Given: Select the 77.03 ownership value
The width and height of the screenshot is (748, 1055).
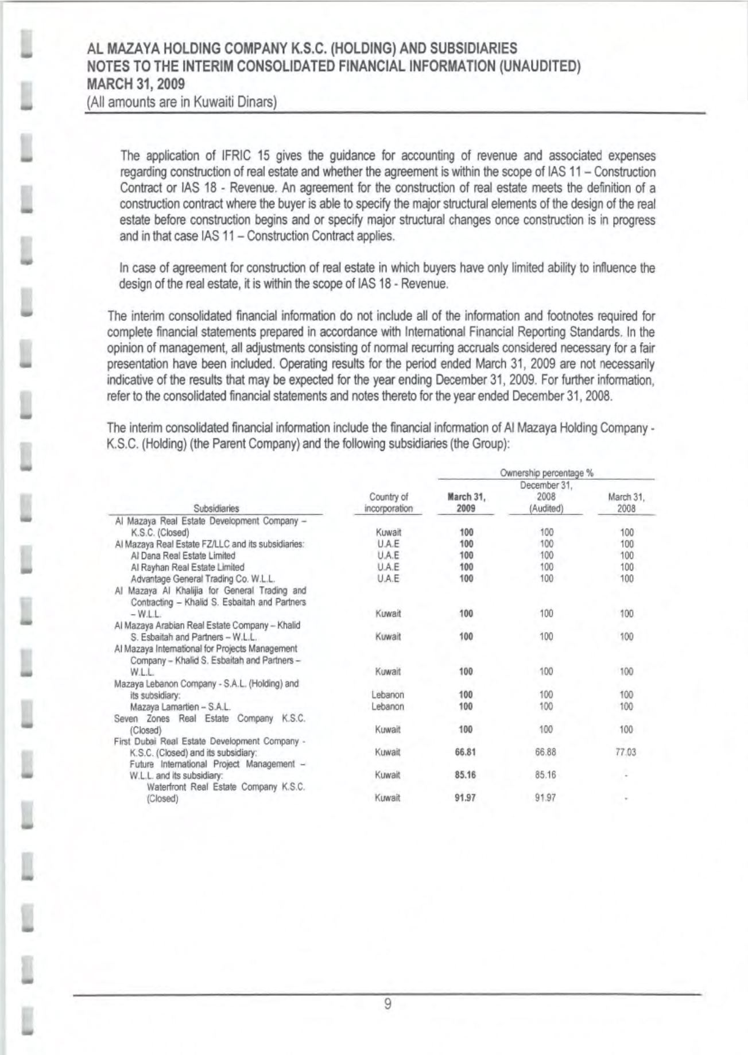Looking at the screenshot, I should tap(626, 752).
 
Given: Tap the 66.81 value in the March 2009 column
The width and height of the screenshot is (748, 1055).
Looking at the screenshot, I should tap(466, 752).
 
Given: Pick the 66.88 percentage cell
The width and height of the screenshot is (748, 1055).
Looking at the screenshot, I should tap(547, 752).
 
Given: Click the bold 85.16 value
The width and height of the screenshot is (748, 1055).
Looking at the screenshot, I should tap(466, 775).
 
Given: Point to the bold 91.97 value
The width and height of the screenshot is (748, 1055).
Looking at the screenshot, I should tap(466, 798).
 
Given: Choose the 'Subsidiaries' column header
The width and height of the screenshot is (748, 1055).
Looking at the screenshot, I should tap(216, 508).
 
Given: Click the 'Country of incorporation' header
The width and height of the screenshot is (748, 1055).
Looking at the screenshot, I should tap(389, 502).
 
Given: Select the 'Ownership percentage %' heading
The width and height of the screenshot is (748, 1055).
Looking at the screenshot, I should tap(547, 473).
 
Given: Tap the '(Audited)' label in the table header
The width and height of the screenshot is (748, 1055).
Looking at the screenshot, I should tap(547, 508).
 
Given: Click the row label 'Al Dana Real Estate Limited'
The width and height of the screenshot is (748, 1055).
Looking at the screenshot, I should tap(183, 556).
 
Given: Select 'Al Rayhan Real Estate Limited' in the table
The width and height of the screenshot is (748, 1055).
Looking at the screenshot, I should tap(188, 567).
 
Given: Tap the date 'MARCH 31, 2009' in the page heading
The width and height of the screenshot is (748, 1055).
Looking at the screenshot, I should tap(135, 84).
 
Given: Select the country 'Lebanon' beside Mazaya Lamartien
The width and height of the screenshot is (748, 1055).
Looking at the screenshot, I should tap(388, 707).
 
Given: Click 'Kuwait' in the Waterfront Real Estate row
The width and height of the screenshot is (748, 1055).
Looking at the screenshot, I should tap(388, 798).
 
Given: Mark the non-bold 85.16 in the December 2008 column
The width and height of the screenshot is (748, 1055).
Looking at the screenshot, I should tap(547, 775).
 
